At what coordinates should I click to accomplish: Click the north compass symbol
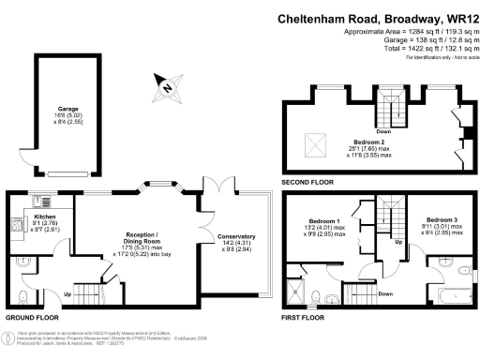coord(166,88)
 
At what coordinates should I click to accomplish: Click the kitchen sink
coord(40,199)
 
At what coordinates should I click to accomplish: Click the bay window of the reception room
coord(151,187)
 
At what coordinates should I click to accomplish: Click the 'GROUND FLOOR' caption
coord(25,318)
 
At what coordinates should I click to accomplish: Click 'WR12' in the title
coord(459,18)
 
